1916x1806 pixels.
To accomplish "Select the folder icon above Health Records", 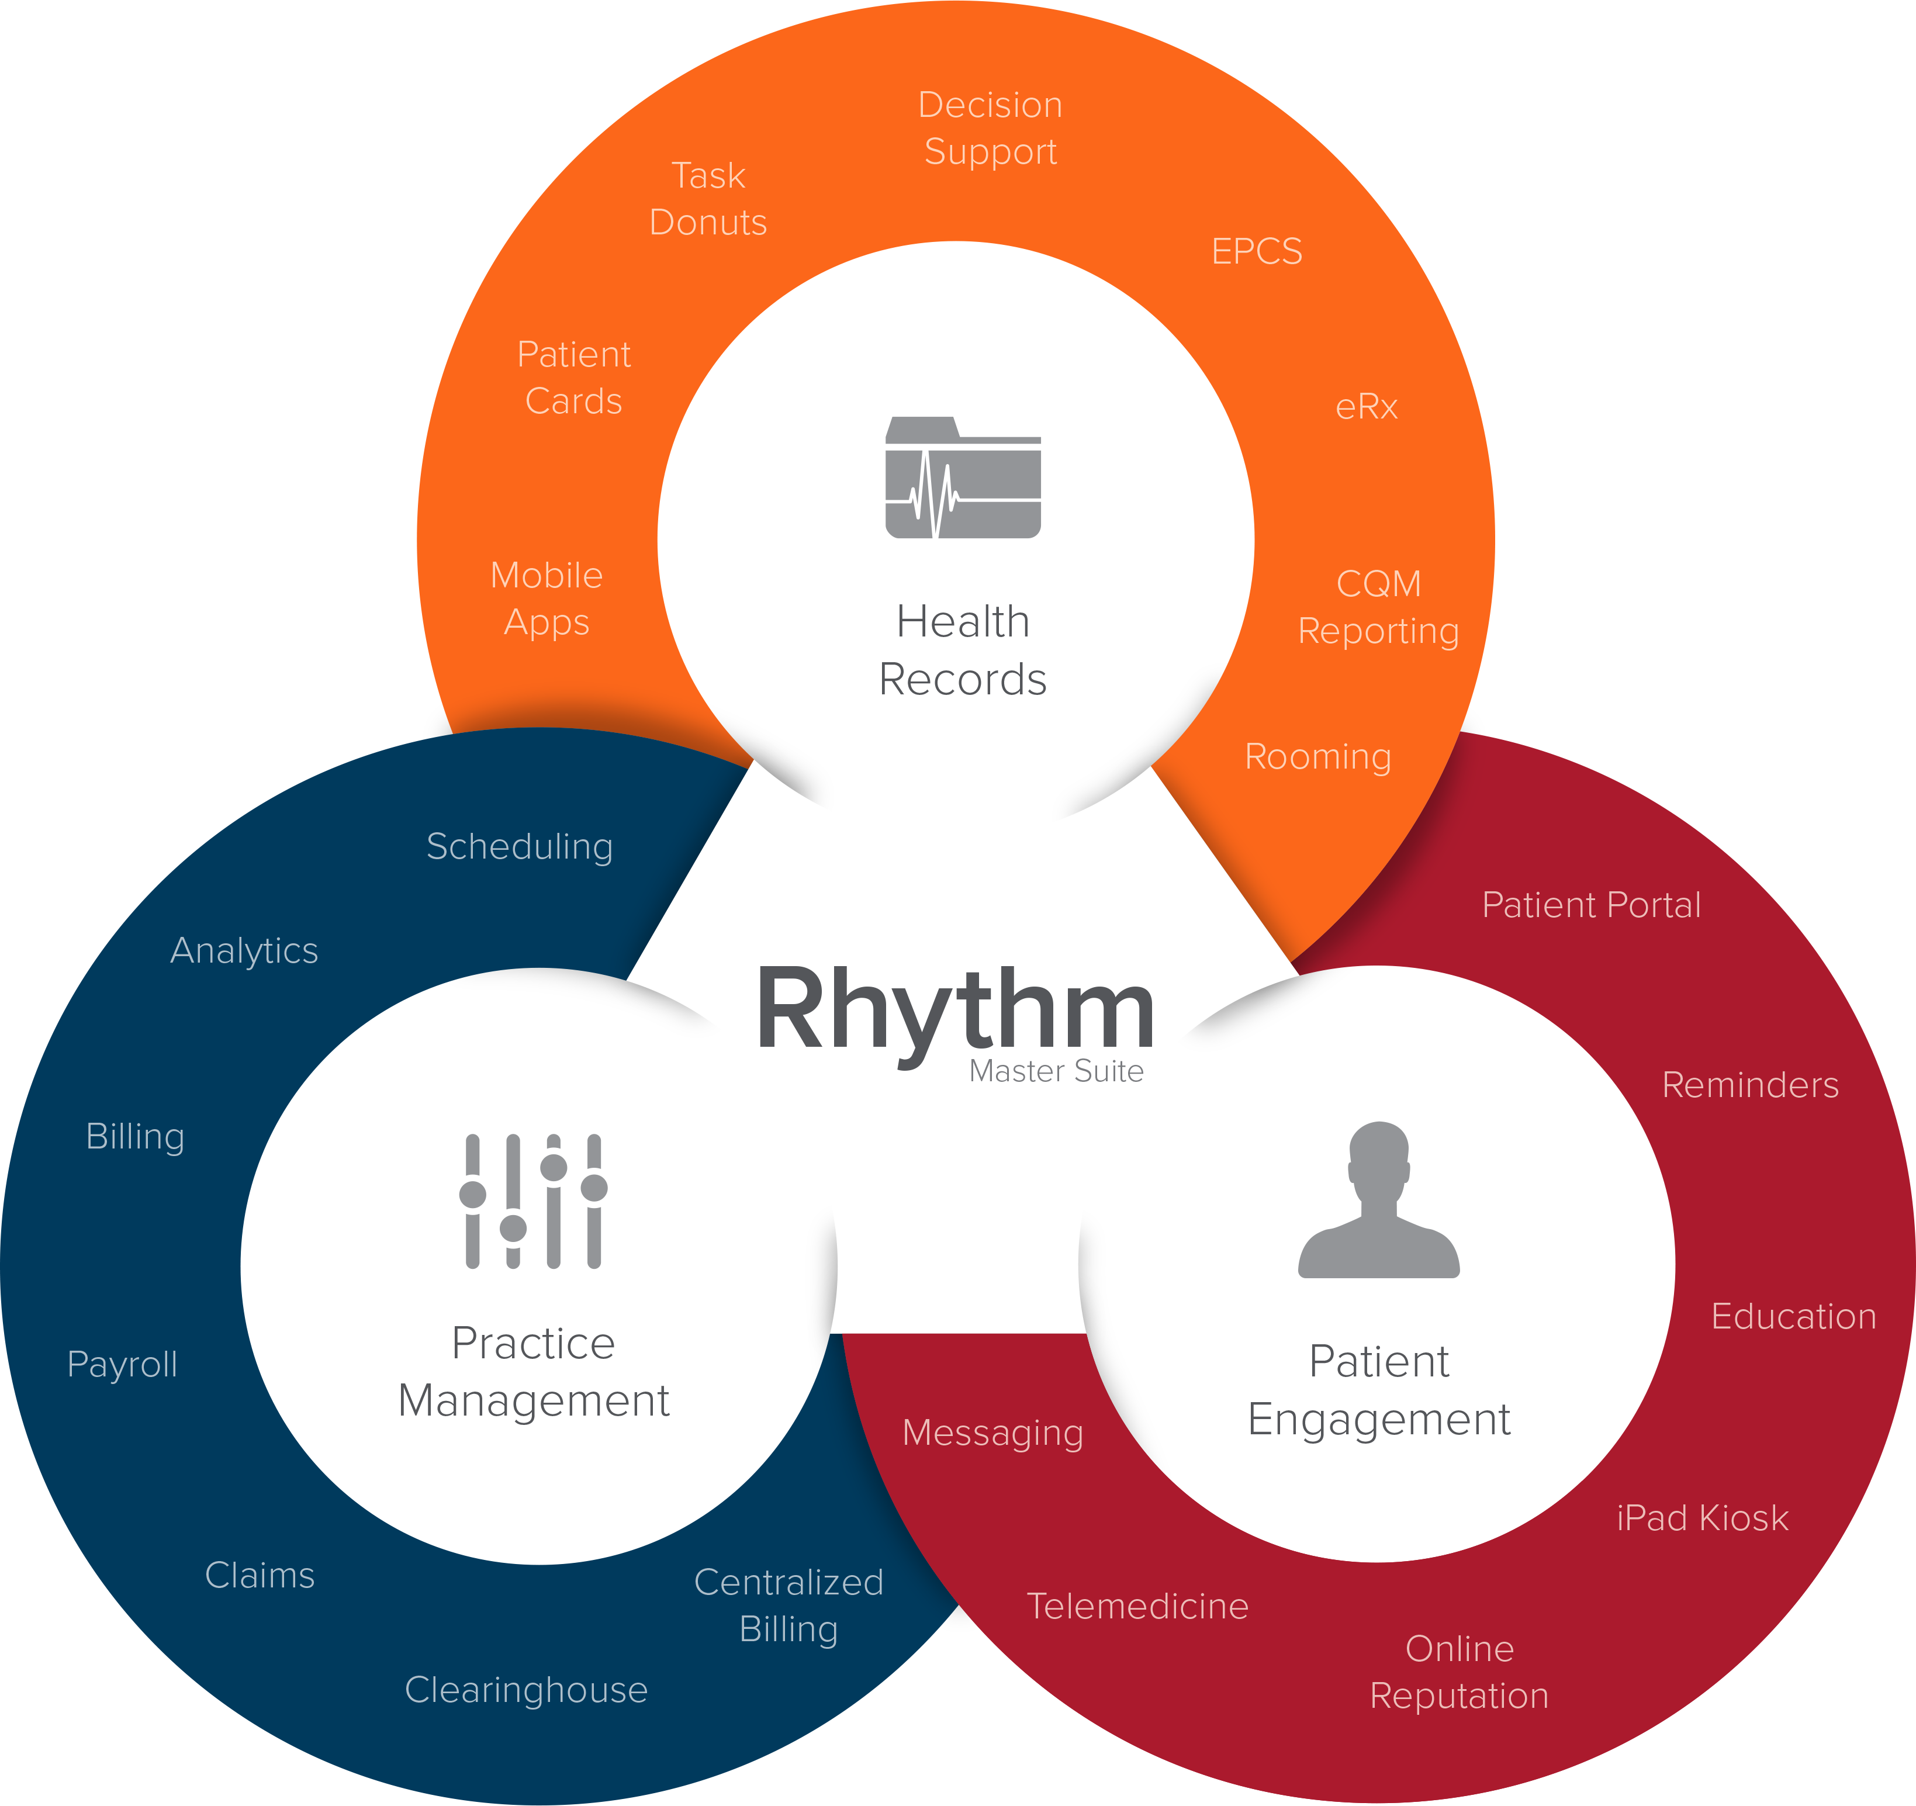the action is tap(963, 477).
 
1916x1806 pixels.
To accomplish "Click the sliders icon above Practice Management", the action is tap(533, 1201).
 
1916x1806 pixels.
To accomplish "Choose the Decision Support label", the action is tap(990, 128).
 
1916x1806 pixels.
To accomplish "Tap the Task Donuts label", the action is tap(708, 199).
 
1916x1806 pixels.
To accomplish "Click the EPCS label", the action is tap(1257, 251).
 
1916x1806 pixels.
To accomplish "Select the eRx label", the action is tap(1367, 407).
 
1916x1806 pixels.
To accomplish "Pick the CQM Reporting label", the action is tap(1378, 607).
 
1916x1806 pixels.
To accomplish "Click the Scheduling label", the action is tap(520, 847).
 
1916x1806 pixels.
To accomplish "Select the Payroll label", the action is tap(122, 1365).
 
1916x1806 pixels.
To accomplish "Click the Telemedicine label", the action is tap(1137, 1606).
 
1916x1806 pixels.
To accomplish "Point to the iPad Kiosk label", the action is tap(1702, 1518).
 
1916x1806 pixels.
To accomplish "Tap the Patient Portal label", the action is tap(1591, 905).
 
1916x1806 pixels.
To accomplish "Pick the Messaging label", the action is tap(992, 1433).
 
